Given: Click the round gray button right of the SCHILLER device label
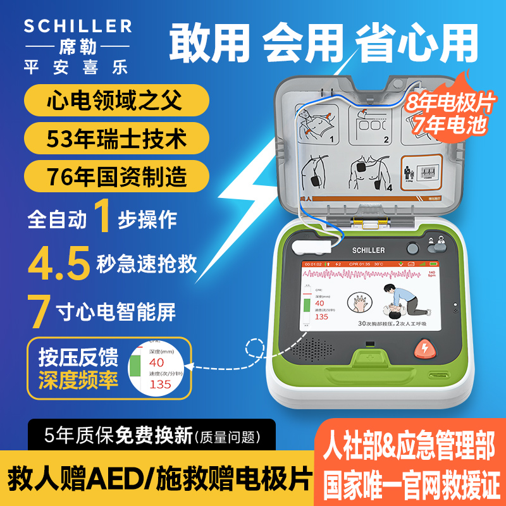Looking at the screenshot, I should coord(412,249).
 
